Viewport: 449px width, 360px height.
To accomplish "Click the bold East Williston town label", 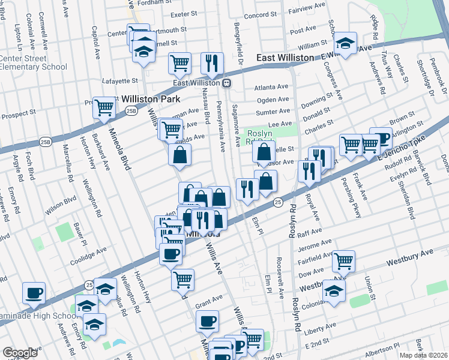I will [285, 57].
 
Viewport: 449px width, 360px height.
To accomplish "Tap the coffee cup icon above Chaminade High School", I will [34, 293].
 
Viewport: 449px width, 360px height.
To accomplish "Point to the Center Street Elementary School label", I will [33, 62].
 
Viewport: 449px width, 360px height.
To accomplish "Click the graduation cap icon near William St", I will [345, 43].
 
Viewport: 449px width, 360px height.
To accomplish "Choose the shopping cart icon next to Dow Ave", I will [344, 260].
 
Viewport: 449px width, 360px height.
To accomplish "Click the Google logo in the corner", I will [20, 353].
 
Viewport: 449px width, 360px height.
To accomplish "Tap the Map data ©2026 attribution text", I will [424, 355].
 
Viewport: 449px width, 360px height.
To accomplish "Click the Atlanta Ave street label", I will [271, 87].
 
